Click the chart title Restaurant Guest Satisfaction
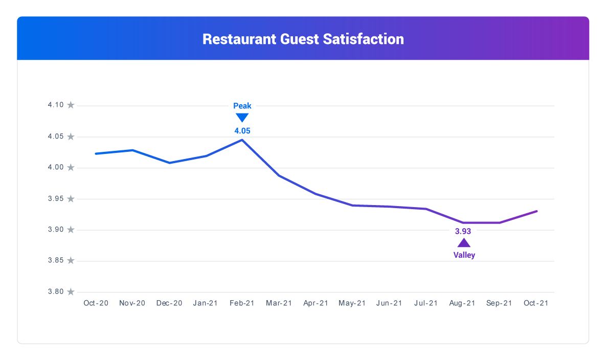pos(303,39)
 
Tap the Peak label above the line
pos(242,106)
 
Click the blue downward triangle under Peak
pos(242,118)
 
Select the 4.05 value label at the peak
pos(242,131)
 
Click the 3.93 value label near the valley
pos(463,231)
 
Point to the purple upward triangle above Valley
pos(463,243)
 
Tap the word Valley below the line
pos(464,255)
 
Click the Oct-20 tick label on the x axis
pos(96,303)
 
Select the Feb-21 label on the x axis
pos(242,303)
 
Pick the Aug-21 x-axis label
pos(463,303)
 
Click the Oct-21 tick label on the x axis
pos(536,303)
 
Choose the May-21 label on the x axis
pos(352,303)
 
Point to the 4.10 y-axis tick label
pos(56,105)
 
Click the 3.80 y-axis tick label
pos(56,291)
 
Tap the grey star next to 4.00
pos(71,168)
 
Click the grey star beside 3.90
pos(71,230)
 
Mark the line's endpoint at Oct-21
pos(536,211)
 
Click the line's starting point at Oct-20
pos(96,153)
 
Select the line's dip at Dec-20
pos(169,163)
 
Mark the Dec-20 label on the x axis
pos(169,303)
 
